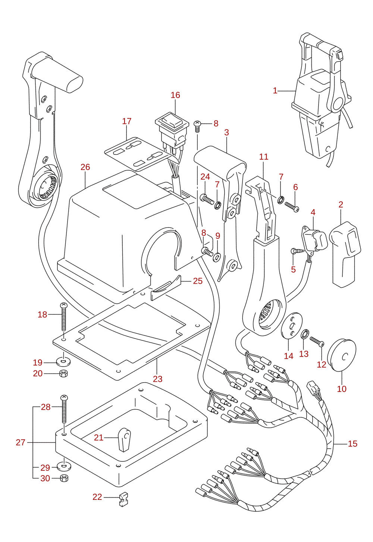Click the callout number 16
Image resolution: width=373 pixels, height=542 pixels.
coord(175,95)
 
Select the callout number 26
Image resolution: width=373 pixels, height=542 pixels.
coord(85,167)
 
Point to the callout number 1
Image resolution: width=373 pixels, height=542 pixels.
coord(275,90)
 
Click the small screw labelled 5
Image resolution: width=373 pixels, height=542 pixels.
coord(297,251)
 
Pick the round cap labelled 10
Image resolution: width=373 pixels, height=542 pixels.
coord(341,355)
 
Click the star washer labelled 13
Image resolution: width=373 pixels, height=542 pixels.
coord(305,334)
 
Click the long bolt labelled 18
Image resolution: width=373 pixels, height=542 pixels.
coord(63,317)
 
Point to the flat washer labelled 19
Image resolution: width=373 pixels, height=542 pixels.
coord(63,362)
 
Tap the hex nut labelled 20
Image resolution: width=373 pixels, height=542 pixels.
coord(63,373)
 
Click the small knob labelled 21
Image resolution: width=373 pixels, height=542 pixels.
coord(124,440)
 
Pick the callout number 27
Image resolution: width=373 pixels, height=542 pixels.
coord(21,442)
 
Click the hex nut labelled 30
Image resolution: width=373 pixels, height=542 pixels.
coord(63,478)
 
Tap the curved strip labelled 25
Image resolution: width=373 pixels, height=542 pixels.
coord(166,287)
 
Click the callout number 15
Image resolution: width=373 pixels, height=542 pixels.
coord(352,443)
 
